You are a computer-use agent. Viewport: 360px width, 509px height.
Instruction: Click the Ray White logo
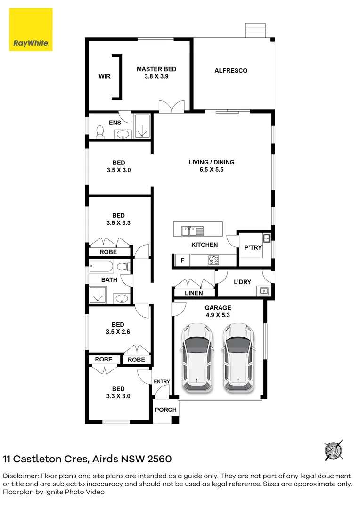coord(31,30)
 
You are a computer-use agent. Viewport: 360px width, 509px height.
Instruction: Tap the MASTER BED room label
coord(156,69)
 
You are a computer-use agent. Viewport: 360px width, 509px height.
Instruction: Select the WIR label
coord(105,77)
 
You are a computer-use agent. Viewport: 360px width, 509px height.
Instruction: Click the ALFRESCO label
coord(231,70)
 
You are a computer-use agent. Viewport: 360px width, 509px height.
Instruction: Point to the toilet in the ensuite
coord(100,132)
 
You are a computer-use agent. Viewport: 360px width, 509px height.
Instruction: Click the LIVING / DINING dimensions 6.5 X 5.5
coord(212,170)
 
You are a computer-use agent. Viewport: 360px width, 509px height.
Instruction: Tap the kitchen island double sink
coord(193,231)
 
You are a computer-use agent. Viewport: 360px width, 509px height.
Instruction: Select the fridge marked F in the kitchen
coord(183,260)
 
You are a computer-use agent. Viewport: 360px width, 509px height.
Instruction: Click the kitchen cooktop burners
coord(213,260)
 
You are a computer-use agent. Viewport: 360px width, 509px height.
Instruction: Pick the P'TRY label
coord(253,248)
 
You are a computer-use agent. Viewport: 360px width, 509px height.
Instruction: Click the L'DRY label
coord(243,282)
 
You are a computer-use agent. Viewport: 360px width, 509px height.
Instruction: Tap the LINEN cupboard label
coord(194,293)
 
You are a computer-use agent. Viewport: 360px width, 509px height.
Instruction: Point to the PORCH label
coord(166,410)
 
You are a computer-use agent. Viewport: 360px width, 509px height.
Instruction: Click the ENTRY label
coord(162,381)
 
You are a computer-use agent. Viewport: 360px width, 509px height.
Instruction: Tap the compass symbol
coord(334,451)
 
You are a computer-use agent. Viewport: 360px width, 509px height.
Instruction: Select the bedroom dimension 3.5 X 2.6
coord(118,332)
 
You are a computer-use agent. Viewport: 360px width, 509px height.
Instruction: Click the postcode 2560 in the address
coord(159,459)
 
